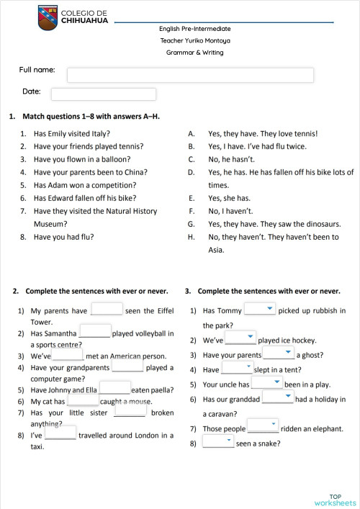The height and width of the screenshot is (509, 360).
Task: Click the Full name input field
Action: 190,75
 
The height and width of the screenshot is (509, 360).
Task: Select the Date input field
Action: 104,94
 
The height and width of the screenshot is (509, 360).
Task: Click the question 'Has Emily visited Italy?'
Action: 71,133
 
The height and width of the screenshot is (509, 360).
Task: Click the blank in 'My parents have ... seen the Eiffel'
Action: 107,310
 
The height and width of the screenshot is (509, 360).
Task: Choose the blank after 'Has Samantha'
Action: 94,332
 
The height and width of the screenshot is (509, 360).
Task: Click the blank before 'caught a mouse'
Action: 83,400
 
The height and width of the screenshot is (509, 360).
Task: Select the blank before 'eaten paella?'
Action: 114,387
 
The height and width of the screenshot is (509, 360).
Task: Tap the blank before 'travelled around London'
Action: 60,433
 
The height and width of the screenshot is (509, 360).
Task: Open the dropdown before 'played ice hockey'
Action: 241,338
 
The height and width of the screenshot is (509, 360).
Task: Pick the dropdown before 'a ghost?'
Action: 279,353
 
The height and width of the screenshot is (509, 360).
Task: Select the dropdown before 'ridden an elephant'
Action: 263,427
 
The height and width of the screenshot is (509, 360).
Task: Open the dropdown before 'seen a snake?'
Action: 218,441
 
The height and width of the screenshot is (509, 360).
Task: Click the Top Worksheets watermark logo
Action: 335,500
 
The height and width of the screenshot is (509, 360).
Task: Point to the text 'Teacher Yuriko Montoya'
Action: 194,41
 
